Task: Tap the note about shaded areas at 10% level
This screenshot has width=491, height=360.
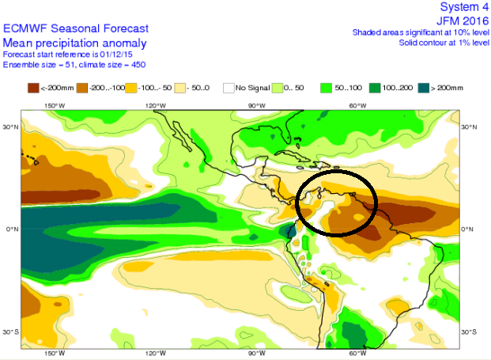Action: tap(419, 32)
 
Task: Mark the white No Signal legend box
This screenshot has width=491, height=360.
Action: tap(229, 87)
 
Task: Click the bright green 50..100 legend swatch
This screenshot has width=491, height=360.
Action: tap(324, 87)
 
